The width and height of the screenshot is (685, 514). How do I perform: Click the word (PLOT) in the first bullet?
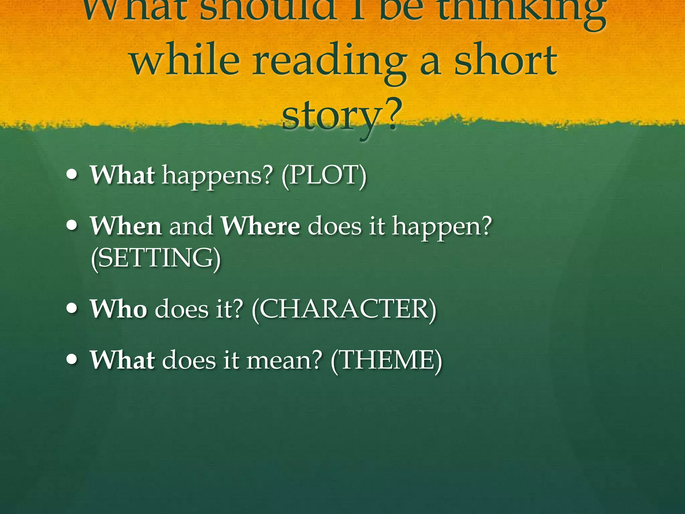point(324,175)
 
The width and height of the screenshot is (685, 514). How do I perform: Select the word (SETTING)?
point(156,258)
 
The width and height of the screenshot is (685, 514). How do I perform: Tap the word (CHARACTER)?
point(344,309)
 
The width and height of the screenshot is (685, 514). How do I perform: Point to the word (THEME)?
point(386,360)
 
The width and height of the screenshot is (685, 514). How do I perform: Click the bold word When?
point(126,226)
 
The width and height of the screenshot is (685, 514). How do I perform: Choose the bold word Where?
point(261,226)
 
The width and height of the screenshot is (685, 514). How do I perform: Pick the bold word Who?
point(118,309)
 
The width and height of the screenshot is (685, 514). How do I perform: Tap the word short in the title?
point(505,60)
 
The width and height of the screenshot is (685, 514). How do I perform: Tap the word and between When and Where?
point(191,226)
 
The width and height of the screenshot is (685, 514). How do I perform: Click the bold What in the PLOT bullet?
point(122,175)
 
